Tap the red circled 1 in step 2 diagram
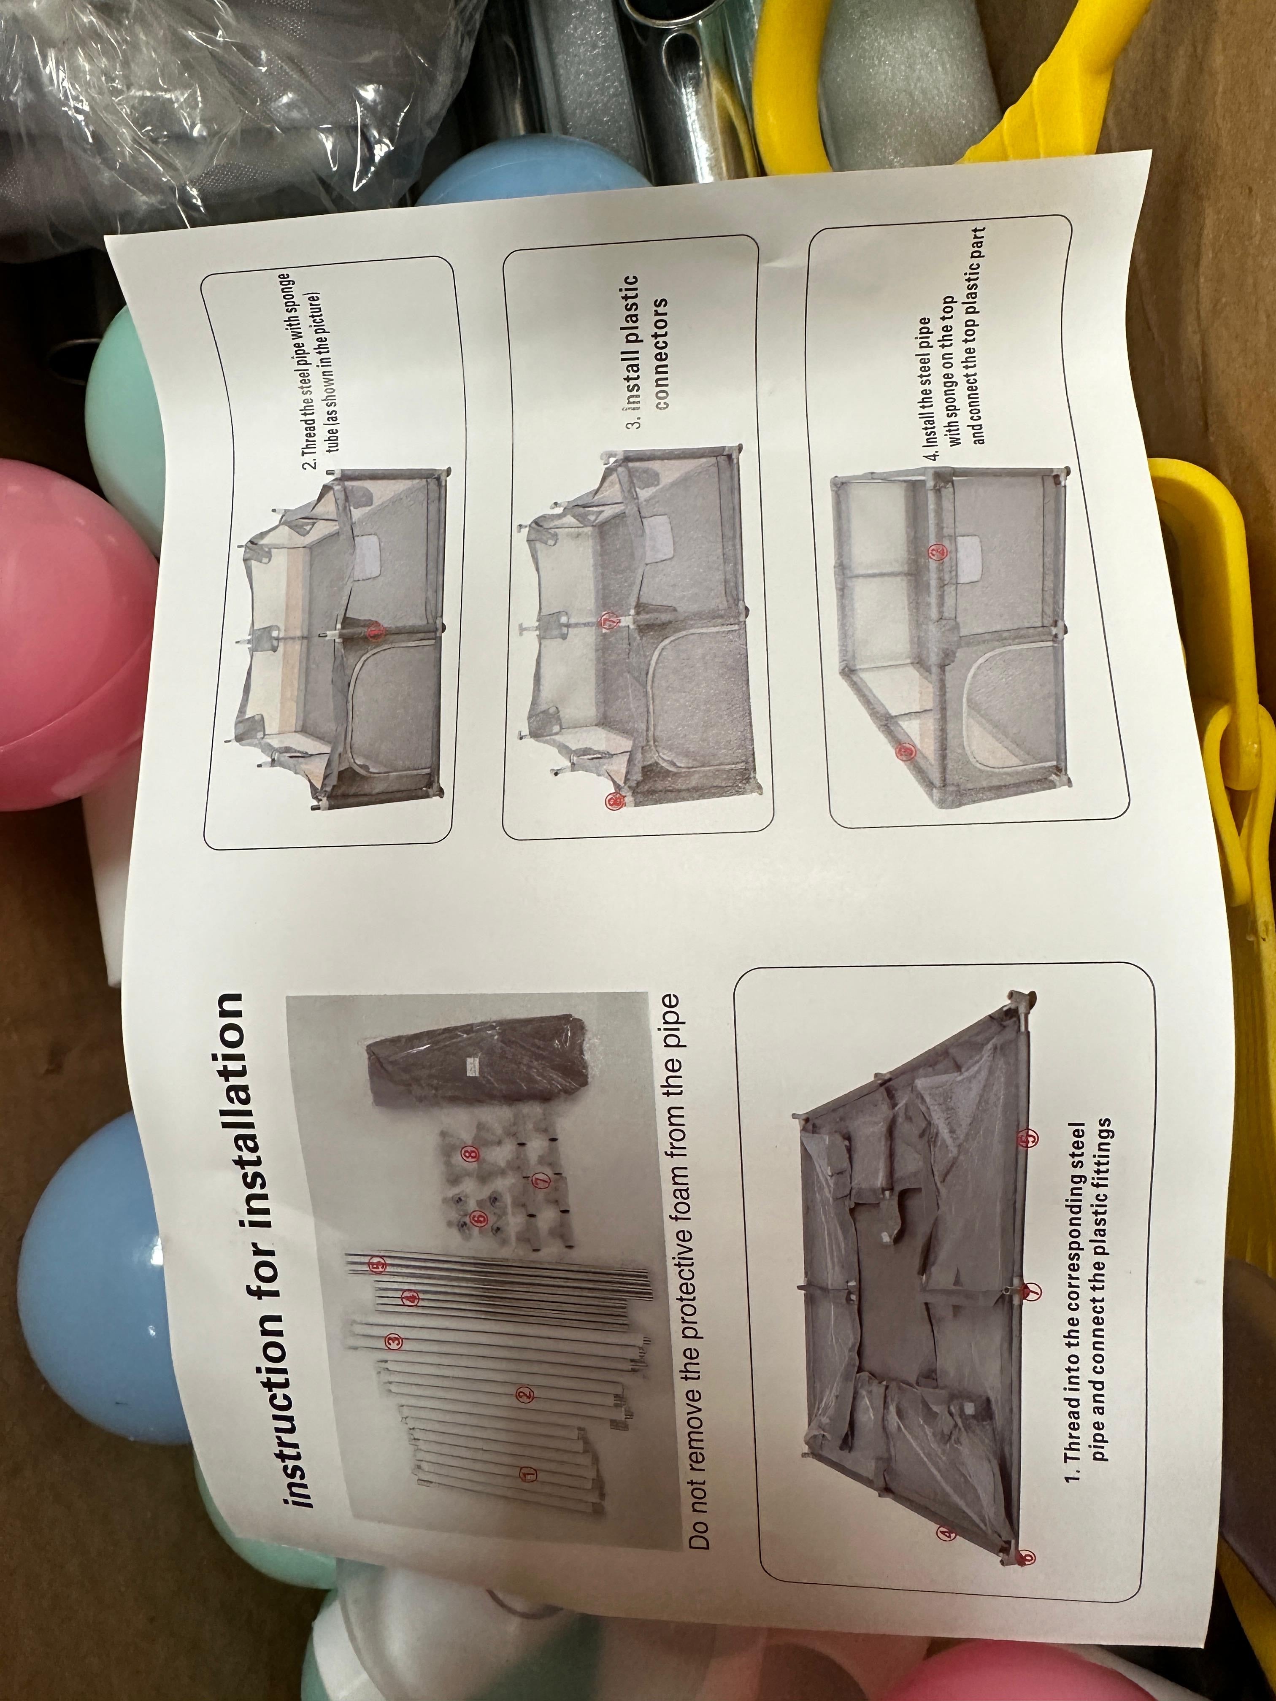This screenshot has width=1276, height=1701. (376, 632)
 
